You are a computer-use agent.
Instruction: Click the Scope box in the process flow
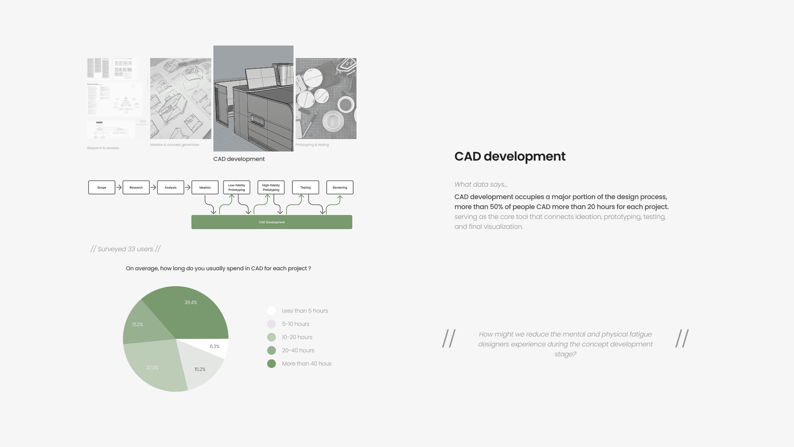pyautogui.click(x=102, y=187)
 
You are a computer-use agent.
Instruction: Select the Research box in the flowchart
pyautogui.click(x=136, y=187)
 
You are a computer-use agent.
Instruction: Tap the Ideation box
pyautogui.click(x=205, y=187)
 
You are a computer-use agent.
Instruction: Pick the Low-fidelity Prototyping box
pyautogui.click(x=237, y=187)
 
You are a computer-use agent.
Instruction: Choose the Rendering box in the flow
pyautogui.click(x=340, y=187)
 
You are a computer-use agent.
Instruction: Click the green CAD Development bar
pyautogui.click(x=272, y=222)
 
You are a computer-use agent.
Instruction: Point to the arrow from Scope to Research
pyautogui.click(x=119, y=187)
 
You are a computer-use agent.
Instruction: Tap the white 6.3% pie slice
pyautogui.click(x=213, y=347)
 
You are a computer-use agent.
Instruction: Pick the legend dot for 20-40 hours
pyautogui.click(x=271, y=351)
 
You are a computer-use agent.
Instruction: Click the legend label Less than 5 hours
pyautogui.click(x=305, y=311)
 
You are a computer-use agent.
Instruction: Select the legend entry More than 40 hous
pyautogui.click(x=306, y=364)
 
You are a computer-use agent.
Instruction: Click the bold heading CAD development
pyautogui.click(x=510, y=156)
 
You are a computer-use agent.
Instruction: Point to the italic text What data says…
pyautogui.click(x=481, y=185)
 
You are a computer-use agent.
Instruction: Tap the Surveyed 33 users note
pyautogui.click(x=125, y=249)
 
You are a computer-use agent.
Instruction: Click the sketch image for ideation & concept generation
pyautogui.click(x=181, y=99)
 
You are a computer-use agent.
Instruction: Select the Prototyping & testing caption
pyautogui.click(x=312, y=145)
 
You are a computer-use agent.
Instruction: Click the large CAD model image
pyautogui.click(x=254, y=99)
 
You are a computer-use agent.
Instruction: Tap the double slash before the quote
pyautogui.click(x=449, y=339)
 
